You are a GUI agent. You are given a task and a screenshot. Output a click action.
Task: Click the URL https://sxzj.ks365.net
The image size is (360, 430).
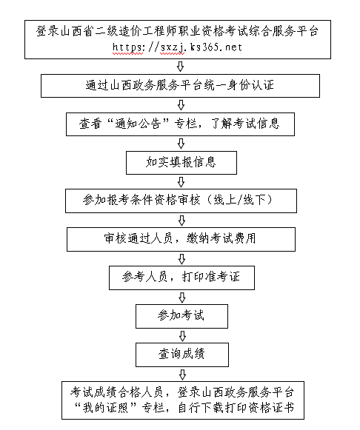point(177,47)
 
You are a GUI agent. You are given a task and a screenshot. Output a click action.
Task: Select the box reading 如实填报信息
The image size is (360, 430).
point(181,163)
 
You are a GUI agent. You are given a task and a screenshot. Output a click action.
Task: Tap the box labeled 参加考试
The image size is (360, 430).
point(181,316)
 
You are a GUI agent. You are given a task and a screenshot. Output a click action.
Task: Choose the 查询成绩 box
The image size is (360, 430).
point(182,355)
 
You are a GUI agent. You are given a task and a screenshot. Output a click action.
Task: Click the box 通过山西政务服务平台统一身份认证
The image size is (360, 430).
point(180,86)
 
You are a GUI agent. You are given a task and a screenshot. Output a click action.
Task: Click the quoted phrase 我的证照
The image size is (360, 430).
point(106,408)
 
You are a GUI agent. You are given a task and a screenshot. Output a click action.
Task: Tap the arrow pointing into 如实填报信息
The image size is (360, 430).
point(181,144)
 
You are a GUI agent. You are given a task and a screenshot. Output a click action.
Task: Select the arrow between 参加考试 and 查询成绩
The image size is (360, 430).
point(182,336)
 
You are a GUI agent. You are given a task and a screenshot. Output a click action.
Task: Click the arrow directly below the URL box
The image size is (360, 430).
point(180,67)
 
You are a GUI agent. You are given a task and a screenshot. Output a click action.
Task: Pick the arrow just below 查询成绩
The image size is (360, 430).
point(182,374)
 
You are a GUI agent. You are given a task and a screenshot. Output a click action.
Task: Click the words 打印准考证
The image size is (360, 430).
point(211,277)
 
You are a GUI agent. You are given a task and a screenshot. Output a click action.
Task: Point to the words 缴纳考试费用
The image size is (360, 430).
point(221,238)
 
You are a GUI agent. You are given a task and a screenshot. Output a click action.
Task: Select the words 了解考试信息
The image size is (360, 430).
point(245,124)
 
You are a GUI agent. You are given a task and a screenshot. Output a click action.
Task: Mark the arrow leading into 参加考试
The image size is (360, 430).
point(182,298)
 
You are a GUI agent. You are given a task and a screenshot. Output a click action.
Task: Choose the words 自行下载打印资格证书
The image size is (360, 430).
point(236,408)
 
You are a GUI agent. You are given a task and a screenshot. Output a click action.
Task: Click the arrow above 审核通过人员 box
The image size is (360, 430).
point(181,221)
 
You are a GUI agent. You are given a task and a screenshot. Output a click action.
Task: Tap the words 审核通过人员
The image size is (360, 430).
point(138,238)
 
